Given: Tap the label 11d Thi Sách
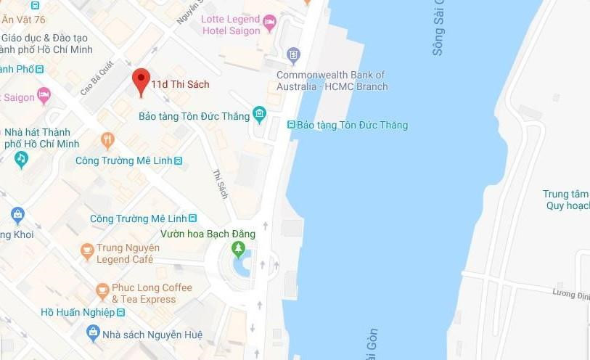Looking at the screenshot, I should [x=180, y=85].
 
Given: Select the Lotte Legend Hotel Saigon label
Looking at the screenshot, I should [x=232, y=25].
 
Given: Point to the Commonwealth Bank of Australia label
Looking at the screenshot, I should [x=331, y=81].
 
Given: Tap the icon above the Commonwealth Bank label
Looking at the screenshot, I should [x=293, y=54].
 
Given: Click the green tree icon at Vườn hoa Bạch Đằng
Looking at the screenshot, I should [x=238, y=250].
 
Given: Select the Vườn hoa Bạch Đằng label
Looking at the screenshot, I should [x=208, y=234].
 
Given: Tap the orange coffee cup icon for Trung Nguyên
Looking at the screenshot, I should [x=88, y=251].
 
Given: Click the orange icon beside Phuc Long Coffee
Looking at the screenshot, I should [x=102, y=292].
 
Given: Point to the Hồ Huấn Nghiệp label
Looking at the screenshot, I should [x=78, y=312].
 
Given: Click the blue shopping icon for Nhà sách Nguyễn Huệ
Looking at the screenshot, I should [x=93, y=332].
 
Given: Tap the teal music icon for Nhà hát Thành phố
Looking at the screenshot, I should [x=22, y=157].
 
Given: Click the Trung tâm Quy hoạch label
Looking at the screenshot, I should [x=566, y=200].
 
